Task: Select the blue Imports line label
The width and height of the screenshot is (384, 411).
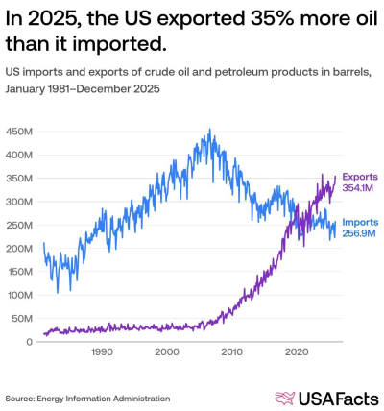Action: click(x=359, y=222)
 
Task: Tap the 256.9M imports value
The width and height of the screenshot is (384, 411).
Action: click(x=360, y=233)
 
